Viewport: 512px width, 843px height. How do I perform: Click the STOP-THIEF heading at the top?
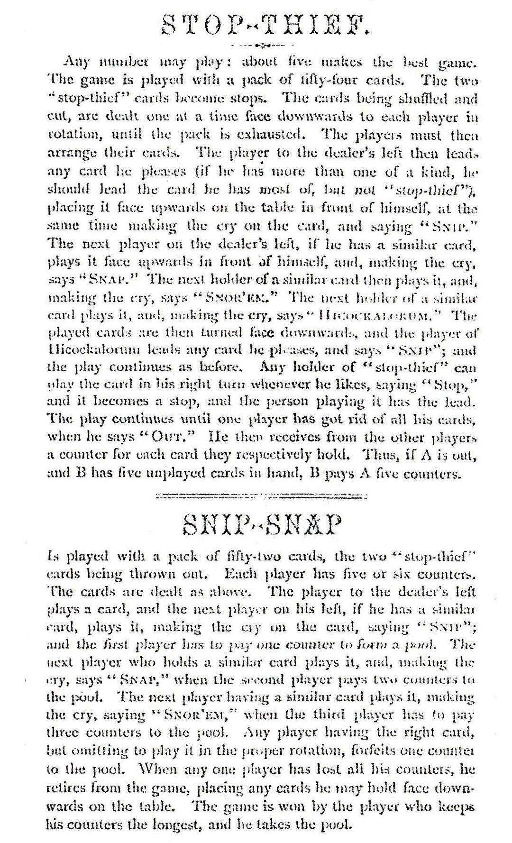(265, 24)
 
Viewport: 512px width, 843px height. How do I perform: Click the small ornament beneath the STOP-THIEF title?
(258, 46)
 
